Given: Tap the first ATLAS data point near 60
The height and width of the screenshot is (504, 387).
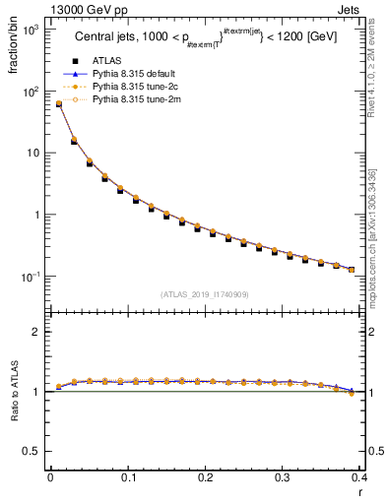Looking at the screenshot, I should coord(58,104).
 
